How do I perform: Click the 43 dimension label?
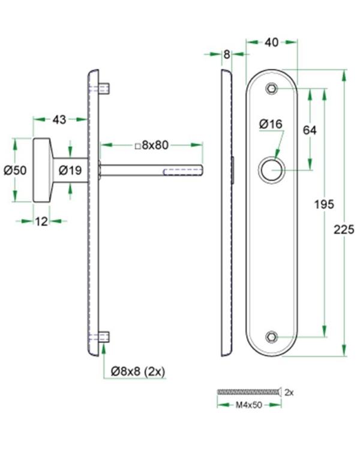59,120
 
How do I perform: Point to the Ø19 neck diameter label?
70,171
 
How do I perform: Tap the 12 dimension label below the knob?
41,221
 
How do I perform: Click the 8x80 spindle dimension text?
150,145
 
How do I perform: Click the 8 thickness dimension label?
226,55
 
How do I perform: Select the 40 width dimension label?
271,42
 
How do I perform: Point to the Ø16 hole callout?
271,124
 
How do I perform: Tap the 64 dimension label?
310,130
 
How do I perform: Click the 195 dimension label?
324,205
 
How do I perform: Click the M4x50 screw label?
248,405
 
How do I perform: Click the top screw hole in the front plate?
272,89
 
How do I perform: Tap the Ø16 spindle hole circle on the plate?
272,170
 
